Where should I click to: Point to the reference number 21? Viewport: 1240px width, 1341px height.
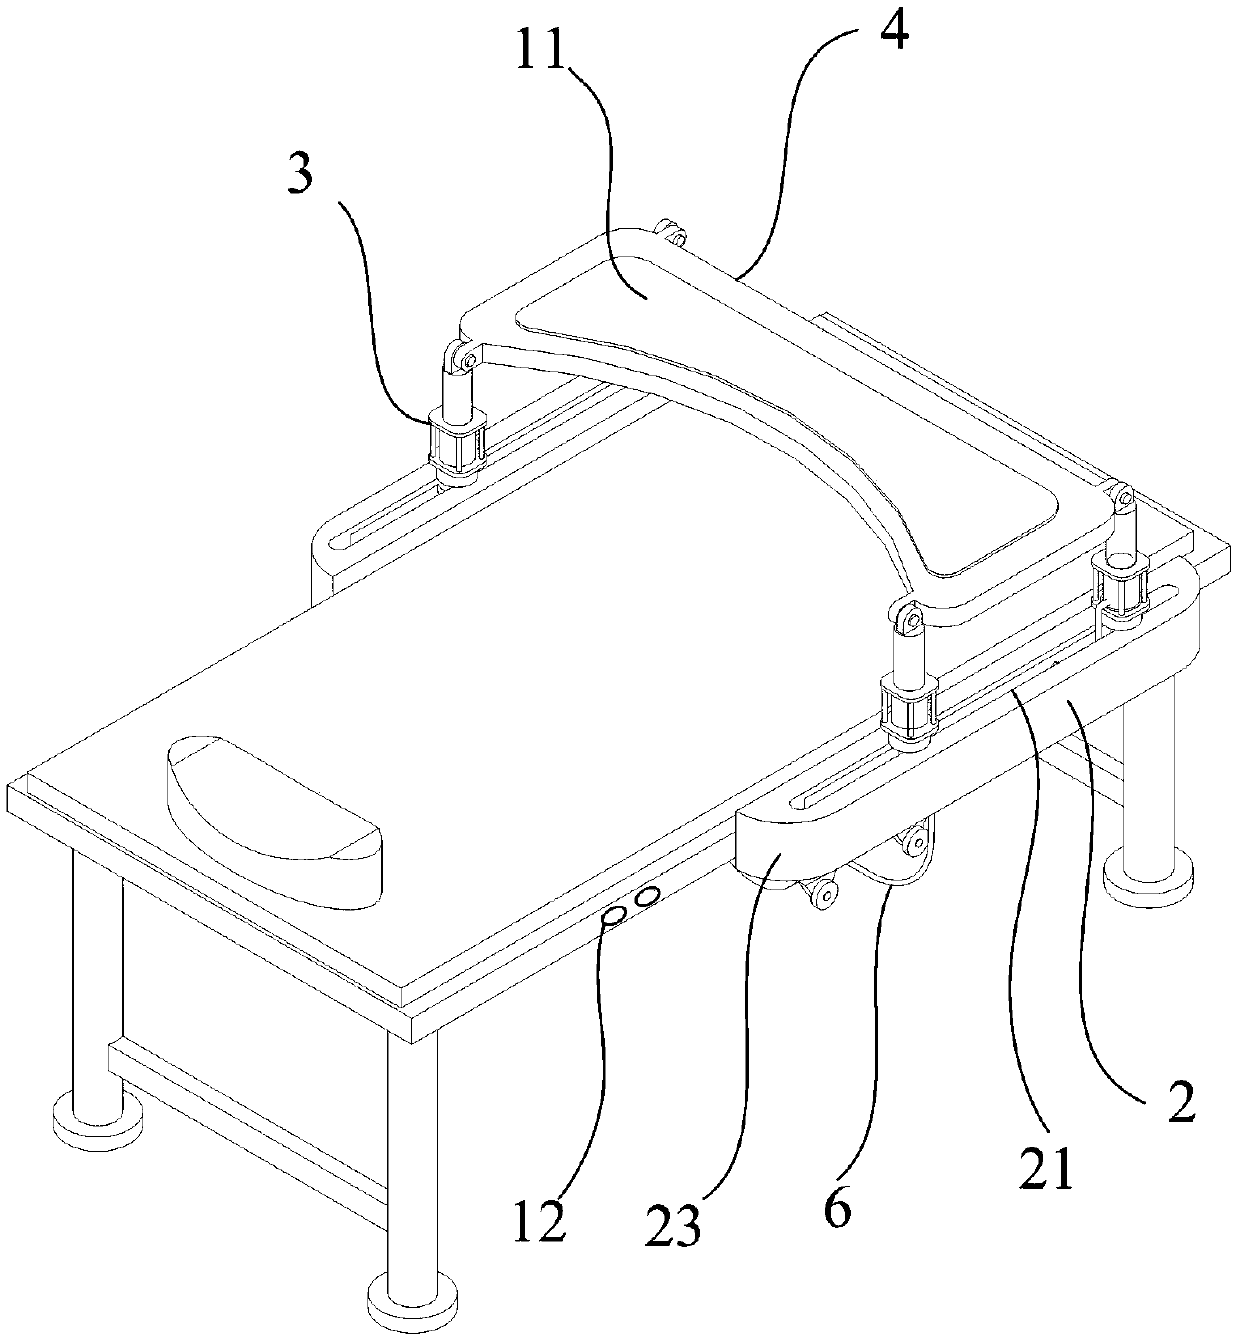[x=1046, y=1165]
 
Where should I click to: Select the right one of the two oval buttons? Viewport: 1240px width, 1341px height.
[x=650, y=897]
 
